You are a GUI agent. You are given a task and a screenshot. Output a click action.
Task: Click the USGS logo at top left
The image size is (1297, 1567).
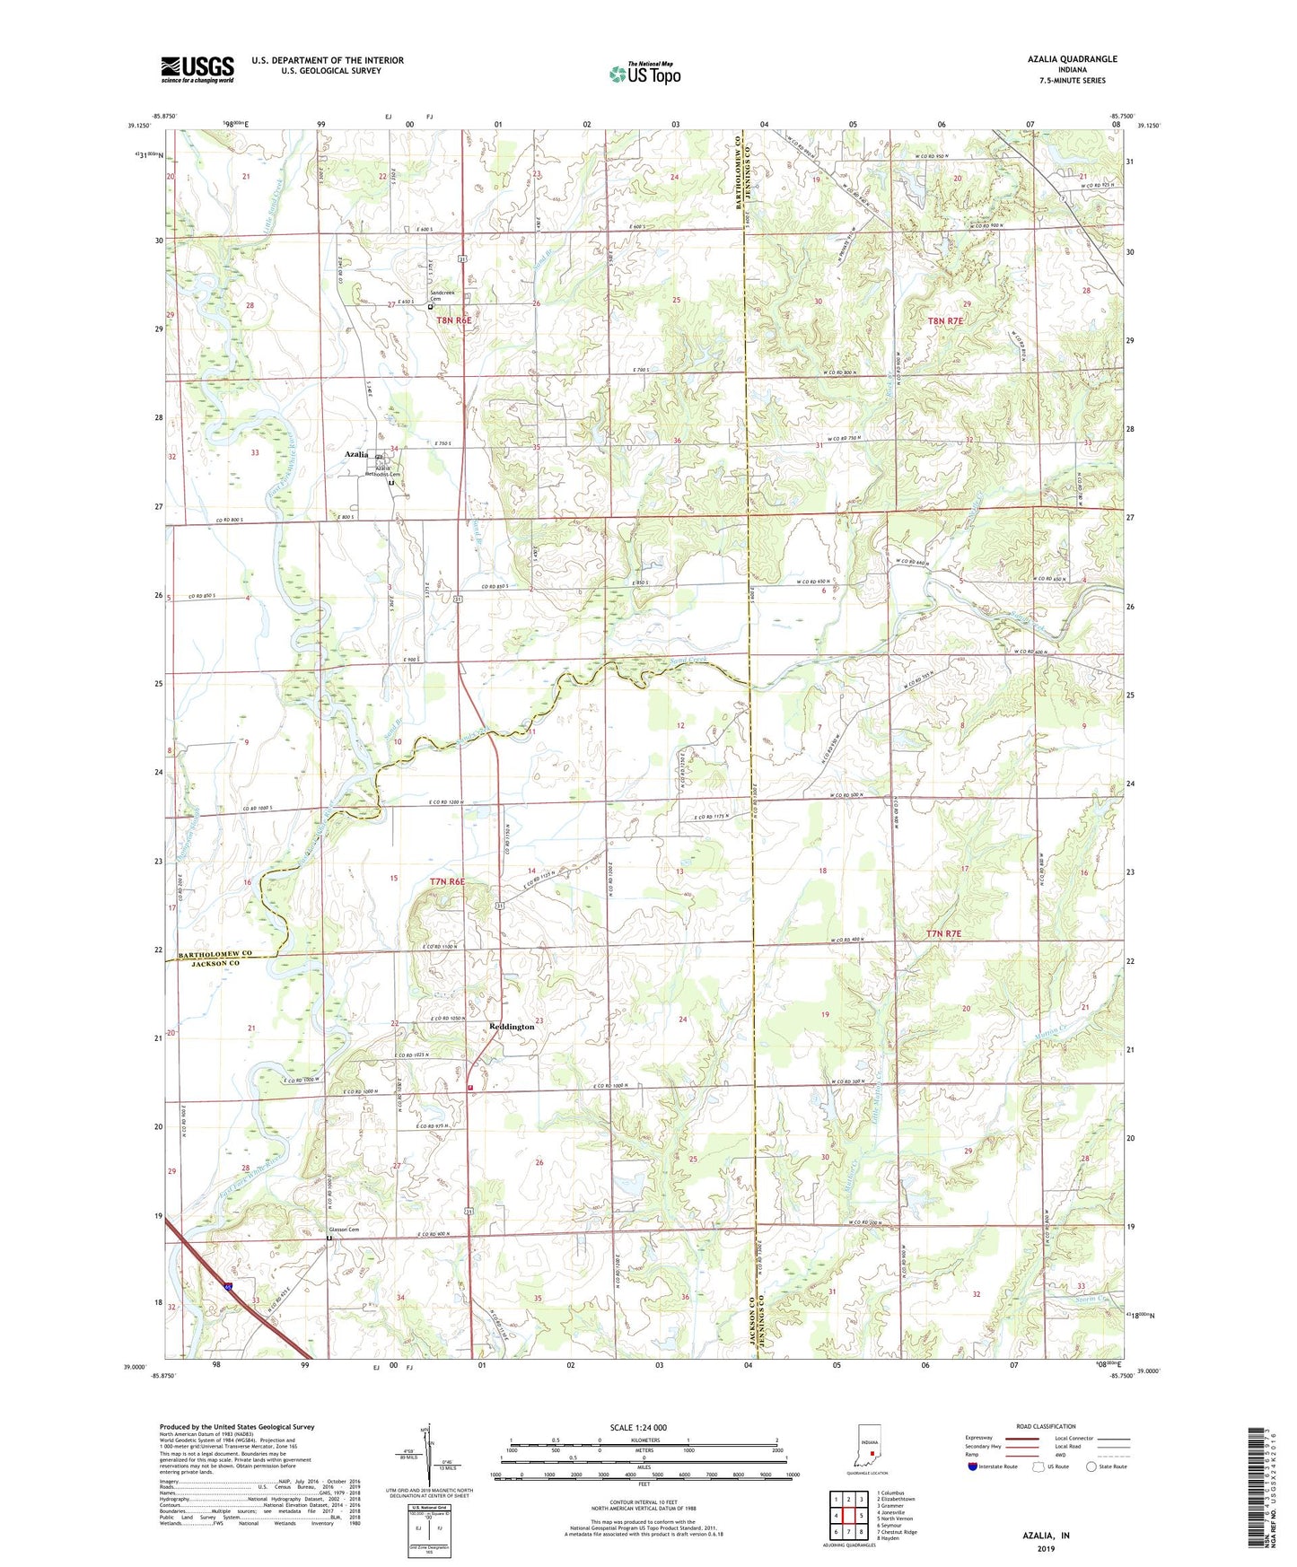click(x=197, y=68)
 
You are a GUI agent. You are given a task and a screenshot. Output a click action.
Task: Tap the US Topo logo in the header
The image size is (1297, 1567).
click(x=644, y=74)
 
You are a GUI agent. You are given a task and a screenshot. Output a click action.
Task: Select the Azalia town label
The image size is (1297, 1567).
click(x=356, y=454)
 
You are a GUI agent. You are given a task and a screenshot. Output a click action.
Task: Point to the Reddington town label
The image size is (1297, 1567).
click(x=512, y=1027)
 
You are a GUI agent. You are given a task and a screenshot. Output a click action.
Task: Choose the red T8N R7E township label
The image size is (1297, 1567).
click(x=946, y=320)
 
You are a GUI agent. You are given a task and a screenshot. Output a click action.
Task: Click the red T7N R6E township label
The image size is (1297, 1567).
click(x=447, y=882)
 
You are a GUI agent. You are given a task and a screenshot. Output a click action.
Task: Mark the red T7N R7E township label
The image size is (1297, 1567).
click(x=943, y=934)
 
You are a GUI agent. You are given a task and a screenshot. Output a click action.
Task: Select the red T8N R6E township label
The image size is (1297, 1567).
click(x=454, y=320)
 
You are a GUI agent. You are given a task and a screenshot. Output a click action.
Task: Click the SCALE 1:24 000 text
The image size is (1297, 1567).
click(x=638, y=1428)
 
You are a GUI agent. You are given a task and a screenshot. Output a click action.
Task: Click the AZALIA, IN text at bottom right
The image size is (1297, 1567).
click(x=1046, y=1536)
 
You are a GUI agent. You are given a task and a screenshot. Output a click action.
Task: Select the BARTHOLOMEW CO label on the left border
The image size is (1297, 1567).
click(x=208, y=953)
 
